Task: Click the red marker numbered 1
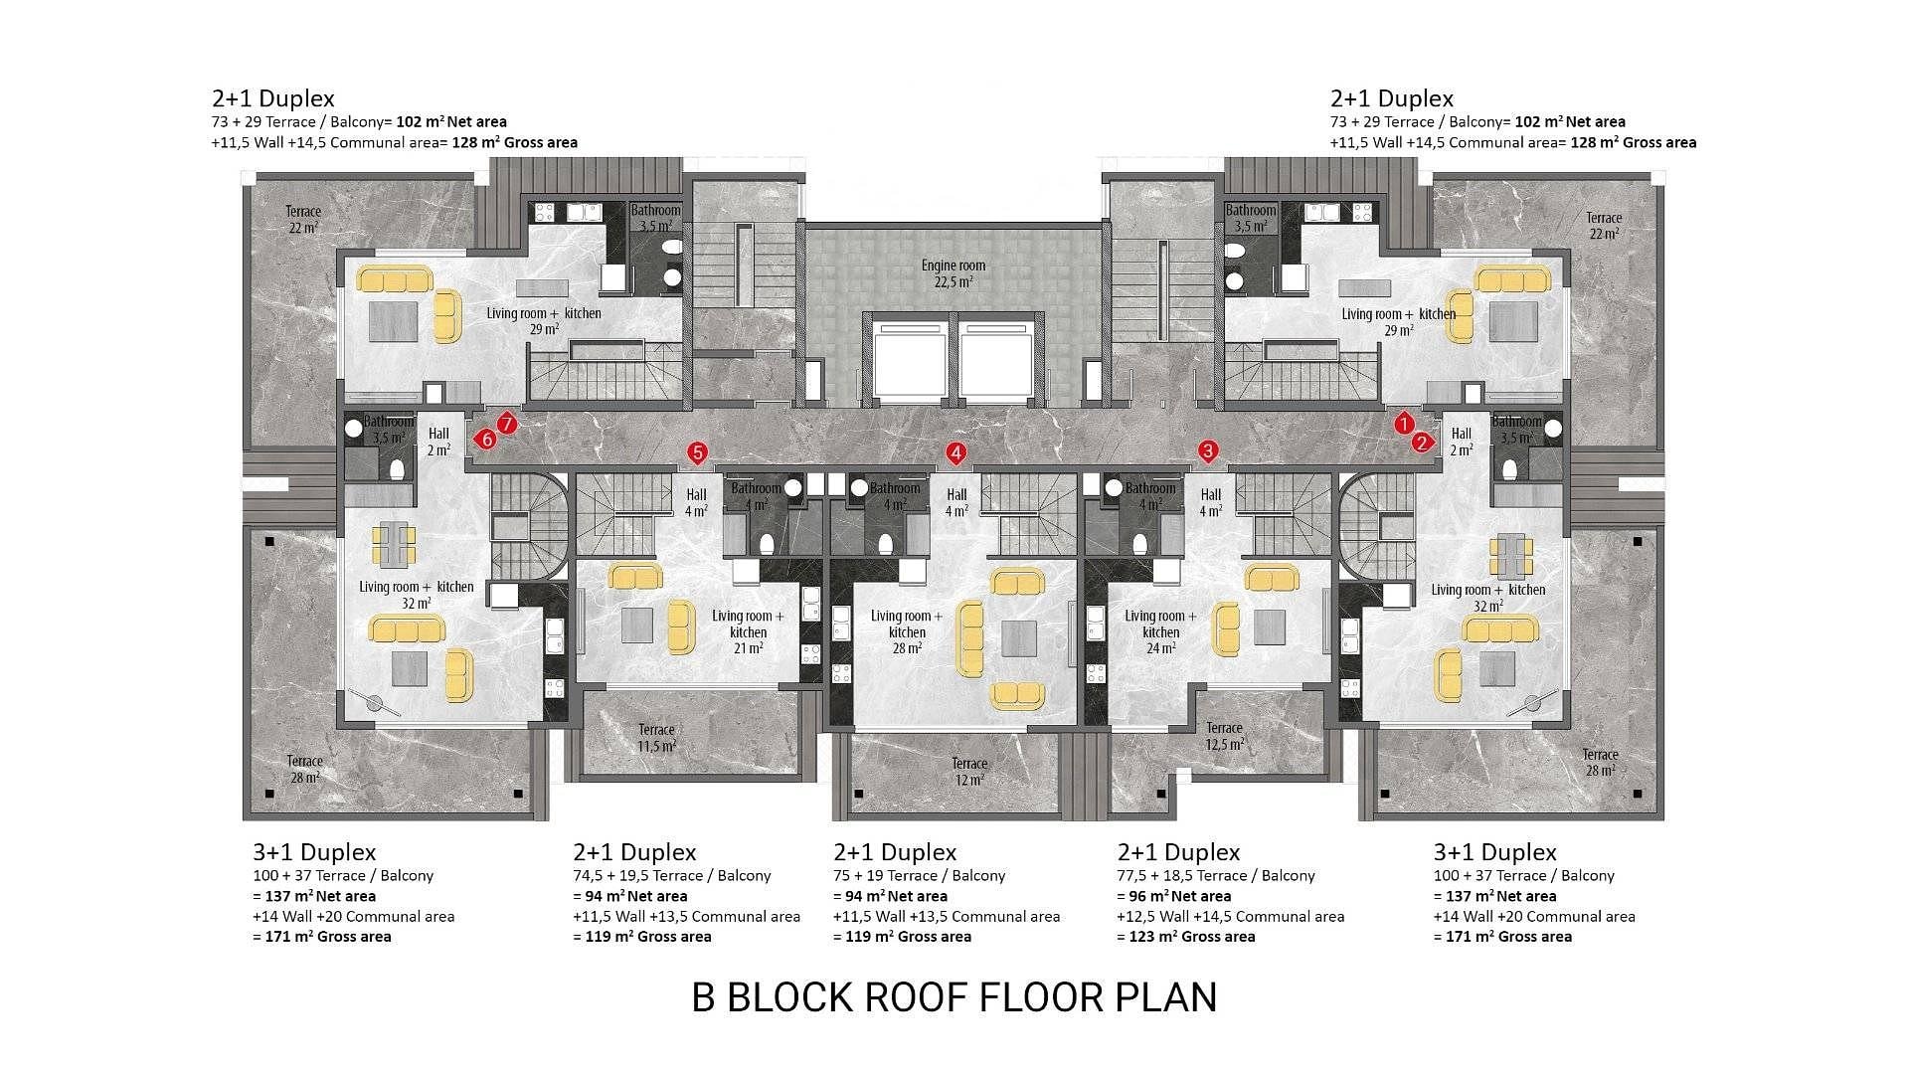tap(1403, 424)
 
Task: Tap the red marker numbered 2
tap(1422, 443)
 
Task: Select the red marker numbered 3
tap(1208, 450)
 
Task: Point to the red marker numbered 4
tap(955, 453)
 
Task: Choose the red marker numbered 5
tap(697, 453)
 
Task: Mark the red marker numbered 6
tap(486, 439)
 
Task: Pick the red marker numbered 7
tap(506, 424)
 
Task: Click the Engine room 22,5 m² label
tap(954, 273)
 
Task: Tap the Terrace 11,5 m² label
tap(657, 738)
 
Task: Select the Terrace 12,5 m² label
tap(1225, 736)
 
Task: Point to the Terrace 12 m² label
tap(969, 772)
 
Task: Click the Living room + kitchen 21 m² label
tap(748, 632)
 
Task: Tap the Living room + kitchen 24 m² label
tap(1161, 631)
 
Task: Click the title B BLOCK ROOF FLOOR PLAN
tap(954, 997)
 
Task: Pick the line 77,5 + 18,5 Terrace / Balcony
tap(1216, 876)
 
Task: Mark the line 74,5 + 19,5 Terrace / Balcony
tap(672, 876)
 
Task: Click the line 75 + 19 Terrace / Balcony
tap(920, 876)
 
